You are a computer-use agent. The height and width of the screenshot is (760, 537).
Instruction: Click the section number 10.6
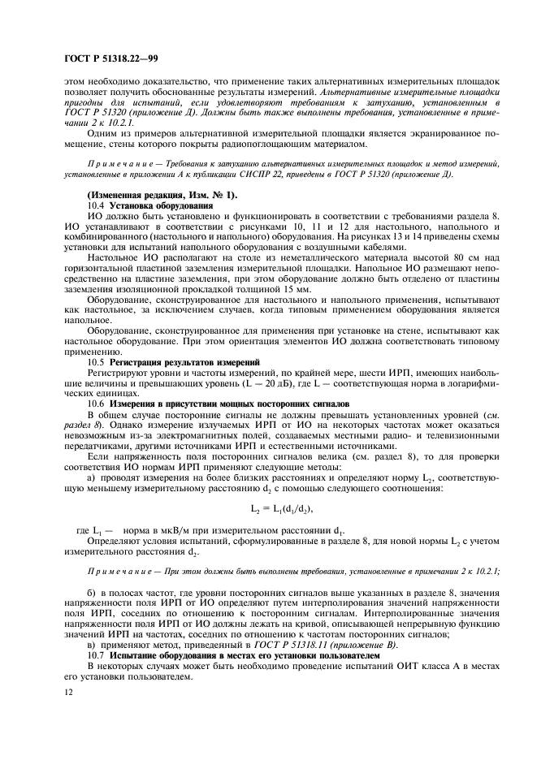pyautogui.click(x=96, y=403)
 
